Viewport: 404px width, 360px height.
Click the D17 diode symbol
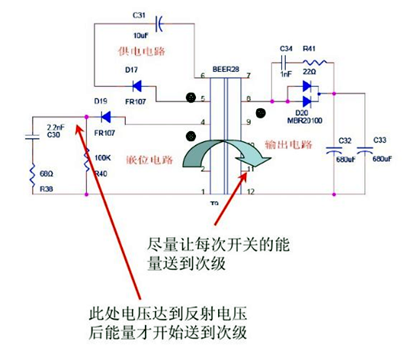139,85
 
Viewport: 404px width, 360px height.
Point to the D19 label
100,101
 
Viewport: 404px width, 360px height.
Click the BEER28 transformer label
226,69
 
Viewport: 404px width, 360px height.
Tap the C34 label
287,48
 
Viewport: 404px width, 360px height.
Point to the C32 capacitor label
345,140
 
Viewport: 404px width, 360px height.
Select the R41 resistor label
310,48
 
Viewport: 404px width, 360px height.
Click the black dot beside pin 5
191,98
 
